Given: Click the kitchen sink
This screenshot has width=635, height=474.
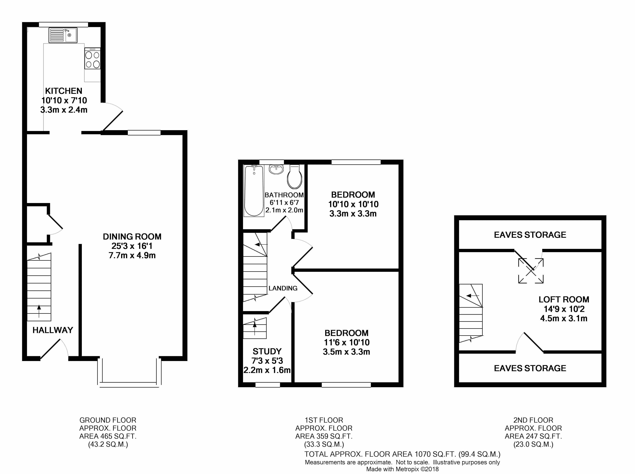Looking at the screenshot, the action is [x=63, y=35].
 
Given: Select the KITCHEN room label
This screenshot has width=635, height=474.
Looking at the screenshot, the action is [x=64, y=91].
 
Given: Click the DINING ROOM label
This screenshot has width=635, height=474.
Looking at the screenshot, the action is [x=132, y=237].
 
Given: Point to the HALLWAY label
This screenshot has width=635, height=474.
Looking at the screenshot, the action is [x=53, y=330].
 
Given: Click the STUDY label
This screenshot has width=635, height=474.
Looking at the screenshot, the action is [x=267, y=352].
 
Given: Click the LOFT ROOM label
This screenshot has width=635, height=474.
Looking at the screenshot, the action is [x=564, y=300].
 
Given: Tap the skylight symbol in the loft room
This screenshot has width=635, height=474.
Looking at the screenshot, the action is [x=531, y=271].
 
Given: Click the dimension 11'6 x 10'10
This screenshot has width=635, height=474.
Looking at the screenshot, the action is [x=346, y=342].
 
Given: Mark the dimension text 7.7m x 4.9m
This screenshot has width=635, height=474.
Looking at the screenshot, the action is [x=132, y=255].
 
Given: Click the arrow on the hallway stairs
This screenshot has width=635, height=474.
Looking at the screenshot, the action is [x=39, y=311].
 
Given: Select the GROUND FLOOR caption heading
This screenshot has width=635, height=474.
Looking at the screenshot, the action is [x=108, y=420].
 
